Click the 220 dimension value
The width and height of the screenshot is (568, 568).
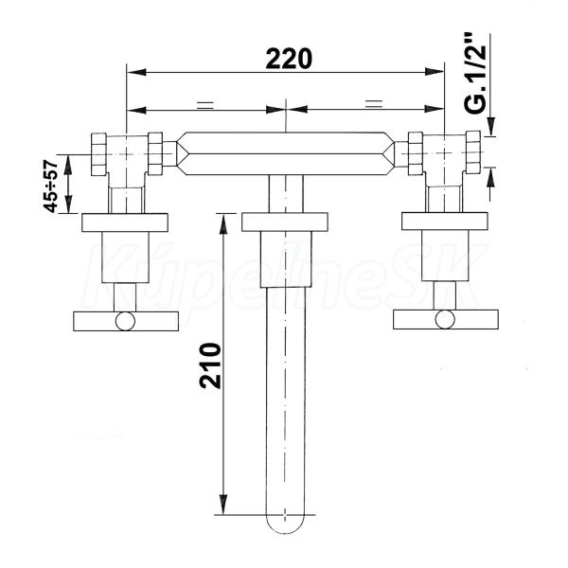point(289,59)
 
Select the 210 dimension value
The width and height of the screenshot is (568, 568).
point(210,365)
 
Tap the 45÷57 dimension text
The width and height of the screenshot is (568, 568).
point(50,186)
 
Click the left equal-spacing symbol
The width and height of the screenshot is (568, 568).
point(205,105)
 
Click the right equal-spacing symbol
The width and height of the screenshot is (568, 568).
point(374,104)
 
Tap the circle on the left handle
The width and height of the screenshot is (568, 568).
point(125,321)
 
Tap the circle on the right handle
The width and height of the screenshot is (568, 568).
point(446,320)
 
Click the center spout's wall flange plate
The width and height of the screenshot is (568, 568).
point(285,222)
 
